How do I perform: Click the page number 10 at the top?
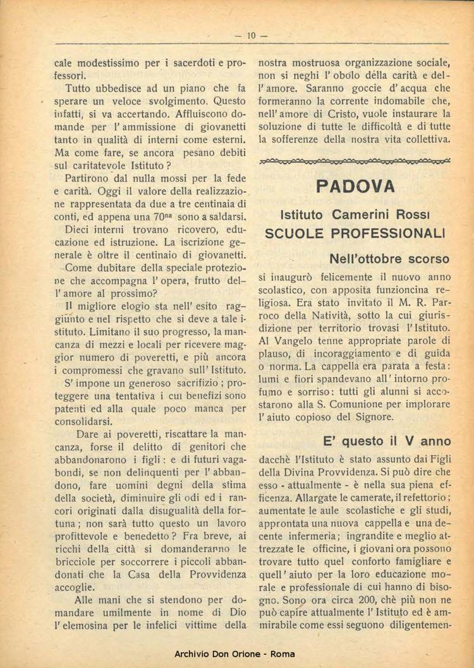[x=251, y=36]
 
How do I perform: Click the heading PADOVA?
[x=355, y=186]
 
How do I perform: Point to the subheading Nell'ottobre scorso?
[x=389, y=259]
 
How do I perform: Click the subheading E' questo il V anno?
[x=387, y=441]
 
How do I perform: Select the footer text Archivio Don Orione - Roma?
[x=234, y=654]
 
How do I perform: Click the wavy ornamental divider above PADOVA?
[x=355, y=162]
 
